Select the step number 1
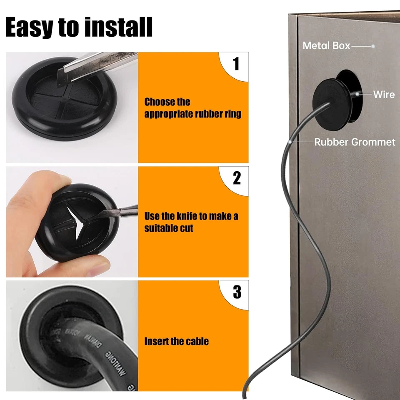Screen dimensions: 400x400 pyautogui.click(x=236, y=64)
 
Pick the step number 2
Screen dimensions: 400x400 pyautogui.click(x=237, y=178)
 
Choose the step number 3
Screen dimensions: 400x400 pyautogui.click(x=237, y=292)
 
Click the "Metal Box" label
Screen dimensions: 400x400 pyautogui.click(x=326, y=46)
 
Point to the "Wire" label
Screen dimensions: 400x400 pyautogui.click(x=383, y=94)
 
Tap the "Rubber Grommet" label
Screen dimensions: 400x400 pyautogui.click(x=355, y=142)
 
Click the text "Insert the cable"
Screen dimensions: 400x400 pyautogui.click(x=176, y=341)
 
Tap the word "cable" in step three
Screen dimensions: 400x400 pyautogui.click(x=197, y=341)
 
